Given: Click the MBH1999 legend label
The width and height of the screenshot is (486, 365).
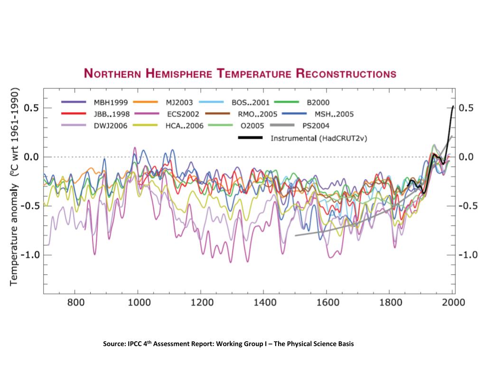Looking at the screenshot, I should pos(108,102).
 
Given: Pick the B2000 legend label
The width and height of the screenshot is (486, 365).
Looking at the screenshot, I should pos(318,102).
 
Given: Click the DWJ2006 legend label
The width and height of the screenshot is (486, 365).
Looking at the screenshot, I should pos(109,126).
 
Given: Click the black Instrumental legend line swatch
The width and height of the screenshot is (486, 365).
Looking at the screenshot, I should pos(250,138).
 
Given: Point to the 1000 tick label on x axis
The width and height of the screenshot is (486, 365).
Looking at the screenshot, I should pos(138,302).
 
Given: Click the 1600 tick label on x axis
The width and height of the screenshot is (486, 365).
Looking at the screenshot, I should pos(327,302).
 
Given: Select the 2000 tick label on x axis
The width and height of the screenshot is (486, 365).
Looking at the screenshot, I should pos(452,302).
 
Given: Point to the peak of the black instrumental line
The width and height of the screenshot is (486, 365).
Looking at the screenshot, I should pos(453,106).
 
